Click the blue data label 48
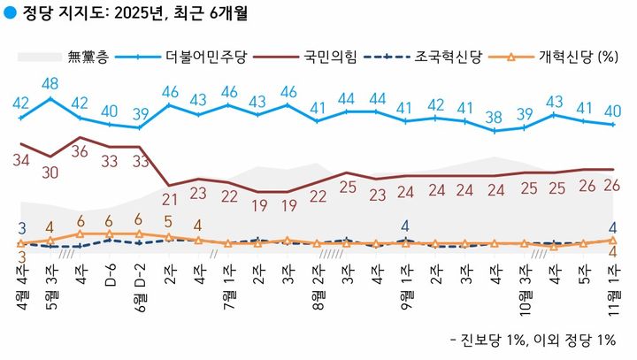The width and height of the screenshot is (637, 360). tap(50, 84)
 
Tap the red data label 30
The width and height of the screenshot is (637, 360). tap(50, 172)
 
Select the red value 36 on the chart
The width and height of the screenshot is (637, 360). tap(81, 152)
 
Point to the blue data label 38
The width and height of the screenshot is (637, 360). tap(494, 116)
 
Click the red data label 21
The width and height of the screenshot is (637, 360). tap(169, 198)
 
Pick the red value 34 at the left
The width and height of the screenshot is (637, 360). tap(21, 160)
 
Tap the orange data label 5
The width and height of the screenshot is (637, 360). tap(168, 222)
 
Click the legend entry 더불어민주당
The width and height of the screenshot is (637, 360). tap(208, 58)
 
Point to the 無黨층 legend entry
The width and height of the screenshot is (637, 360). tap(88, 58)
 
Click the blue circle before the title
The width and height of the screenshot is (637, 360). tap(10, 13)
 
